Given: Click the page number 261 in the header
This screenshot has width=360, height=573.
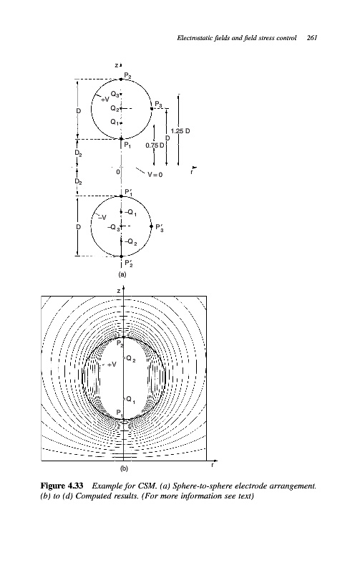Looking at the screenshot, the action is (312, 38).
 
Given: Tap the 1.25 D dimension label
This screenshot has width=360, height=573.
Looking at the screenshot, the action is (180, 131).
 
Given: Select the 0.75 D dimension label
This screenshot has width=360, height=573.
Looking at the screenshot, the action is (152, 145).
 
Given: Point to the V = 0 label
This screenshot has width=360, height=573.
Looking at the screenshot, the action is (155, 175).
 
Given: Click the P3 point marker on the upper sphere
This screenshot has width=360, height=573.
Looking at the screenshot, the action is (152, 109).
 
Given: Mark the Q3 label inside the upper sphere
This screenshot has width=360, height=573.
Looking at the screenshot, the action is (115, 95).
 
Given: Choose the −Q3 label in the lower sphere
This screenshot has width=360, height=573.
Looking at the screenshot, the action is (113, 227).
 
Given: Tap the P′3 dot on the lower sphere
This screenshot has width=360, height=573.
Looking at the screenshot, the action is (152, 226).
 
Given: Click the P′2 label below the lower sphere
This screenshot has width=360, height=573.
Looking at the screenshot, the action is (129, 264).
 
